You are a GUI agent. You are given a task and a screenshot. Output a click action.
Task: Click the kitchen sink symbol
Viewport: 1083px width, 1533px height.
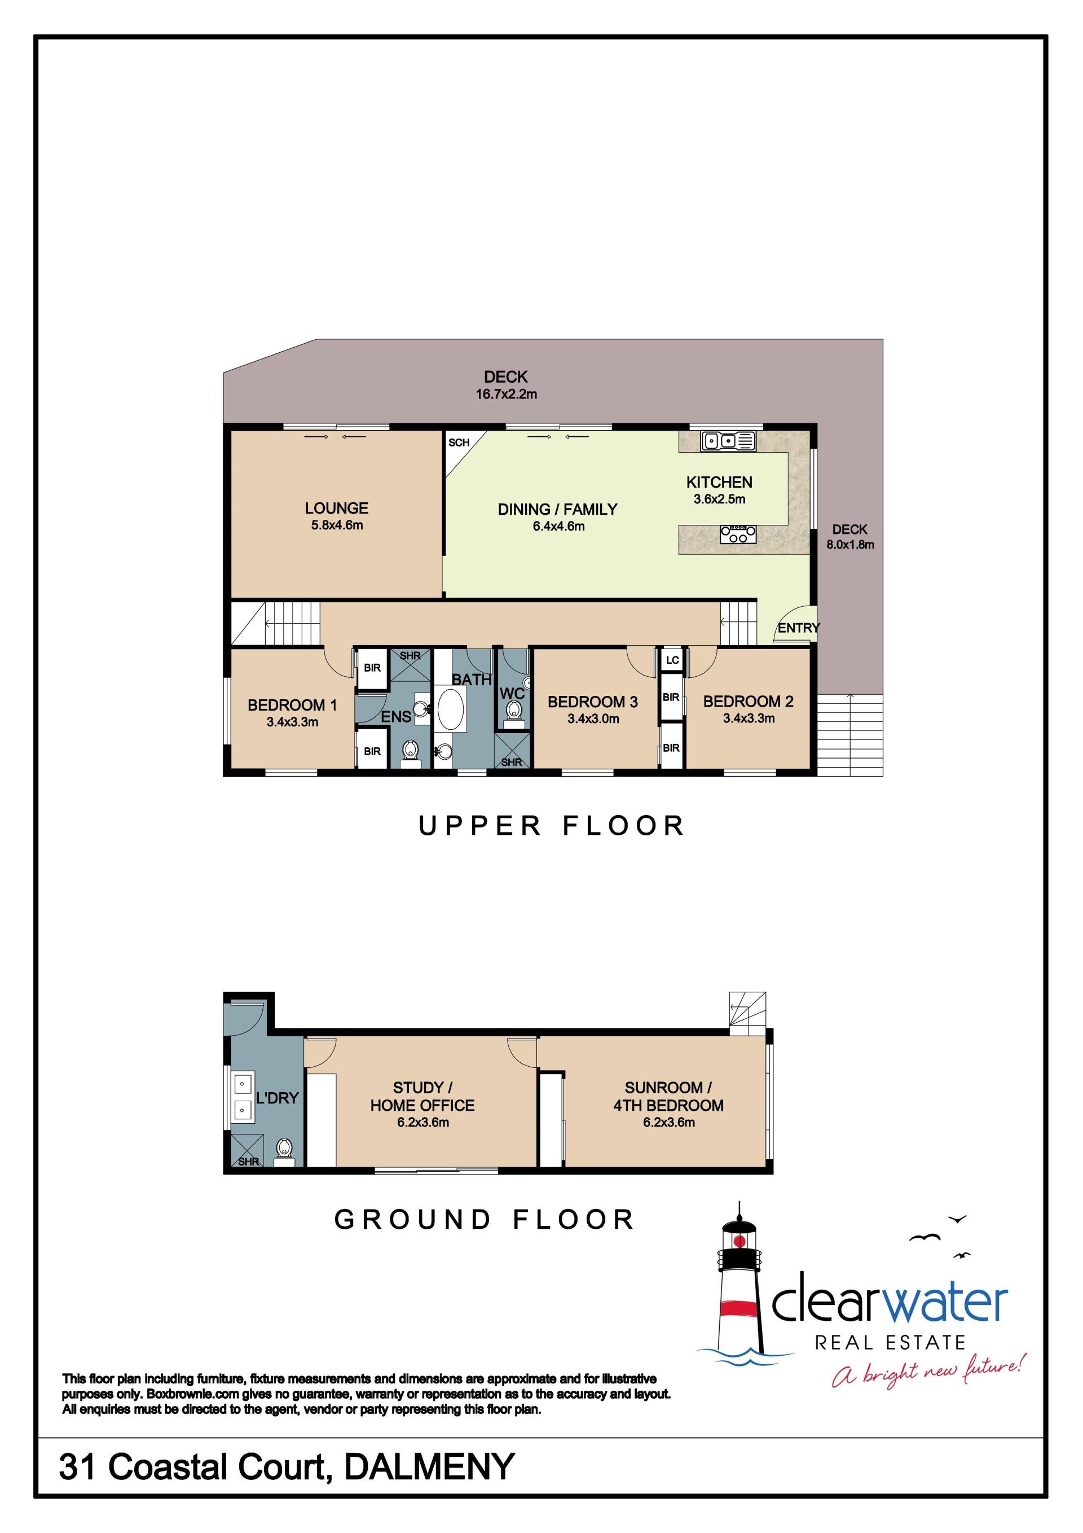728,441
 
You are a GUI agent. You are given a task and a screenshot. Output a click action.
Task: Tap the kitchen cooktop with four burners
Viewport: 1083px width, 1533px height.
738,534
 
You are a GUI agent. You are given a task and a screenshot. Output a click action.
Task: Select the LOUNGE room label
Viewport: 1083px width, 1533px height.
336,508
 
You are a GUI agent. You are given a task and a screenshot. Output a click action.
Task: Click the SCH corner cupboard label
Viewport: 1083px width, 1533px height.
459,443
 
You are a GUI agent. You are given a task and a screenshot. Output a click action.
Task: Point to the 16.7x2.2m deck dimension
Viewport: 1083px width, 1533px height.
506,394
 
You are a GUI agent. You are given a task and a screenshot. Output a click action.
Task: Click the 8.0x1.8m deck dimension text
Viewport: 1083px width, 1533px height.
850,544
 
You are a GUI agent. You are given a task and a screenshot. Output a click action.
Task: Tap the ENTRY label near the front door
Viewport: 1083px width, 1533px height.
799,628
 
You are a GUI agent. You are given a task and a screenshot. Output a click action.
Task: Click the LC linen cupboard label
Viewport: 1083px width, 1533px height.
672,660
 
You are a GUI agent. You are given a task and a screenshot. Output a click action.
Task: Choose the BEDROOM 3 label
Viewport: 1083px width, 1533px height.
592,702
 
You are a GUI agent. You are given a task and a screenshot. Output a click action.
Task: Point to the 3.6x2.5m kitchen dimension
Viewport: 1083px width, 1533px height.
719,499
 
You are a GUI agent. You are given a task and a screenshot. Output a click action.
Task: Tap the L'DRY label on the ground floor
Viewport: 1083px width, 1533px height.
277,1098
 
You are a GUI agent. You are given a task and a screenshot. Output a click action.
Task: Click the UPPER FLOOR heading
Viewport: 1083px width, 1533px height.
552,826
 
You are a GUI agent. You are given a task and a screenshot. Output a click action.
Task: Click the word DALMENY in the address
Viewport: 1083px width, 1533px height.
430,1466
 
